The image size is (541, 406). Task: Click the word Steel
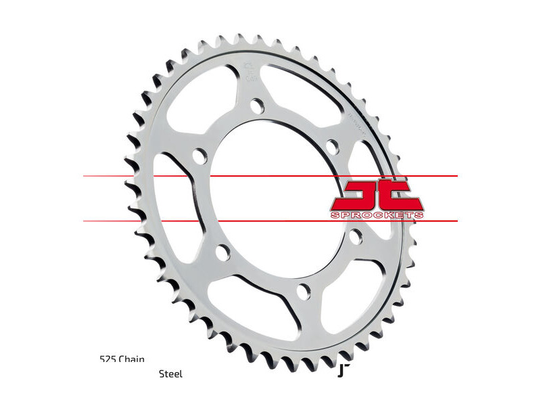[x=170, y=374]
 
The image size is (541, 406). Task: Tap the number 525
[x=106, y=359]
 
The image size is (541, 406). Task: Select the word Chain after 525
[x=132, y=359]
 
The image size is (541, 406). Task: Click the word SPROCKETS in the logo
[x=377, y=215]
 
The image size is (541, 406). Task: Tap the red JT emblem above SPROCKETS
[x=377, y=194]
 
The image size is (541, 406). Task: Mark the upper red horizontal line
[x=270, y=177]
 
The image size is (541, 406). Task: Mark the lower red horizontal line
[x=270, y=221]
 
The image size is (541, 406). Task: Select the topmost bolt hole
[x=256, y=106]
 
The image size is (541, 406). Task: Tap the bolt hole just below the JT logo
[x=356, y=236]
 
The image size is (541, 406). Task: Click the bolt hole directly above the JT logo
[x=331, y=145]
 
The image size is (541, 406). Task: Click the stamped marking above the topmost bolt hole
[x=248, y=70]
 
